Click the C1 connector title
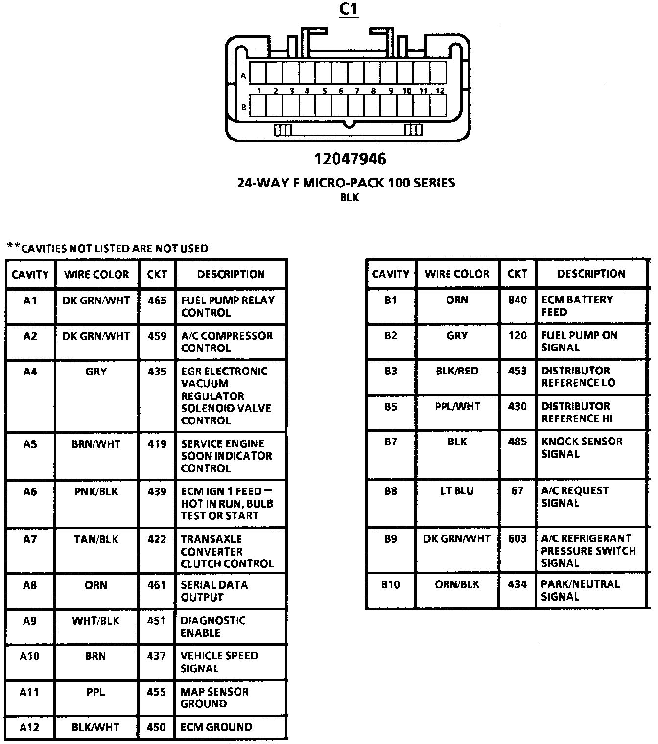(x=349, y=9)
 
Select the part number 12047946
(x=350, y=159)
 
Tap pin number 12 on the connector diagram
(x=440, y=91)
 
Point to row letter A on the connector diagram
(x=243, y=76)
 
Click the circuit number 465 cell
(x=157, y=300)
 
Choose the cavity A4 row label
(x=30, y=372)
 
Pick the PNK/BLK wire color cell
(x=96, y=491)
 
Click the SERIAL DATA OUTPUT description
(x=214, y=591)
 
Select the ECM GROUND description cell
(x=216, y=727)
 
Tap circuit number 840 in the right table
(x=517, y=300)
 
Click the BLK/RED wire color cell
(x=457, y=371)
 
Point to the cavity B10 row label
(x=390, y=584)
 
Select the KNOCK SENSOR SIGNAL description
(x=582, y=447)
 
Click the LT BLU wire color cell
(x=457, y=491)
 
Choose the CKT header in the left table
(x=157, y=274)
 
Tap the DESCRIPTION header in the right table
(x=591, y=274)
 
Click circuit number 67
(x=517, y=490)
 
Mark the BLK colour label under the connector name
(x=350, y=198)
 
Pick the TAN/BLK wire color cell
(x=96, y=539)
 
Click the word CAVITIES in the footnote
(x=44, y=248)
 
